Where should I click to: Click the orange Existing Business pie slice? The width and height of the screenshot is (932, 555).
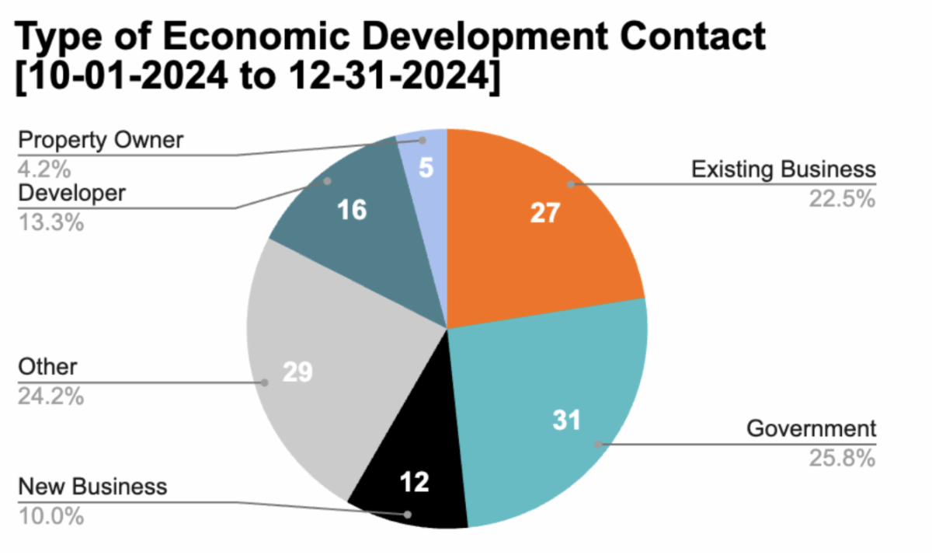pyautogui.click(x=536, y=233)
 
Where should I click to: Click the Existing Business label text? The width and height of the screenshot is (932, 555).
pyautogui.click(x=784, y=169)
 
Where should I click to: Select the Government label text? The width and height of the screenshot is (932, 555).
pyautogui.click(x=811, y=428)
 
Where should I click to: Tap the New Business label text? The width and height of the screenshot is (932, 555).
pyautogui.click(x=92, y=487)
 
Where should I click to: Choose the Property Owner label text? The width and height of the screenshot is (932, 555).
pyautogui.click(x=101, y=141)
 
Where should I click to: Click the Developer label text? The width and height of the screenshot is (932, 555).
pyautogui.click(x=71, y=193)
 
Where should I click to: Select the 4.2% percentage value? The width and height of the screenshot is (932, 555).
pyautogui.click(x=43, y=166)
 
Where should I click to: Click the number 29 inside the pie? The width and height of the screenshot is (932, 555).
pyautogui.click(x=297, y=372)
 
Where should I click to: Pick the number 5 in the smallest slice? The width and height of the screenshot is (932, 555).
pyautogui.click(x=426, y=168)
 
